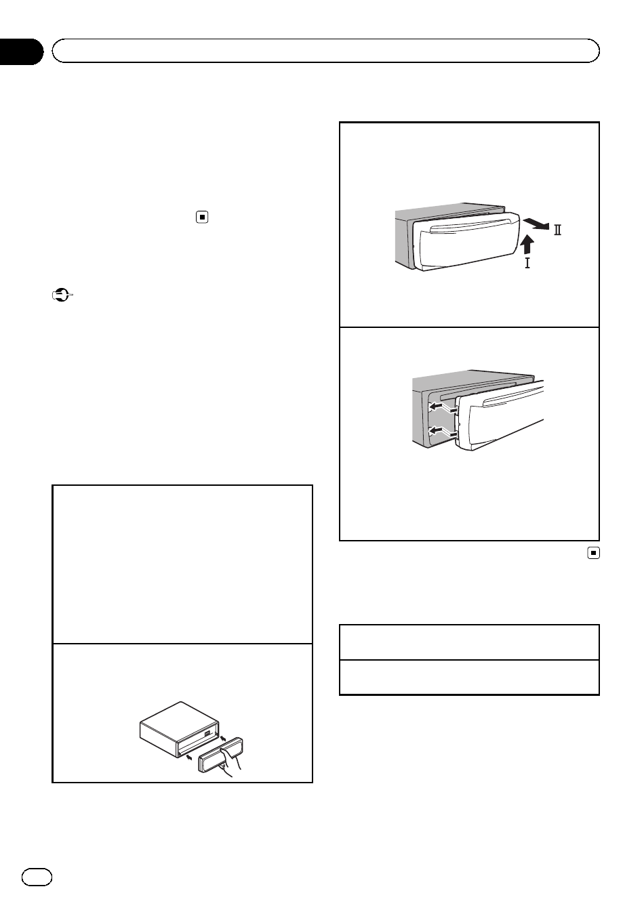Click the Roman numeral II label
coord(557,230)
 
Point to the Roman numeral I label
coord(527,263)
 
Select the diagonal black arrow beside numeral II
coord(536,224)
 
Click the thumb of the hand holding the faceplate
coord(226,750)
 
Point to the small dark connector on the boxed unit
coord(207,733)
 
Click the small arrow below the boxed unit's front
coord(189,758)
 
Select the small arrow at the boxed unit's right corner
coord(223,737)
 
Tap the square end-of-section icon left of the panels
coord(202,217)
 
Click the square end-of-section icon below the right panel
coord(593,553)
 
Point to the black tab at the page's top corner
coord(21,51)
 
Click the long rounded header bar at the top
coord(325,51)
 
